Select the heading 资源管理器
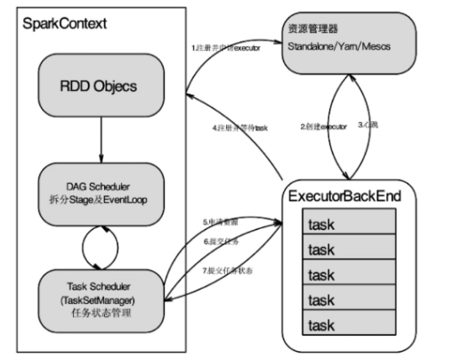coord(312,27)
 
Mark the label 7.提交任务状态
coord(224,269)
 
